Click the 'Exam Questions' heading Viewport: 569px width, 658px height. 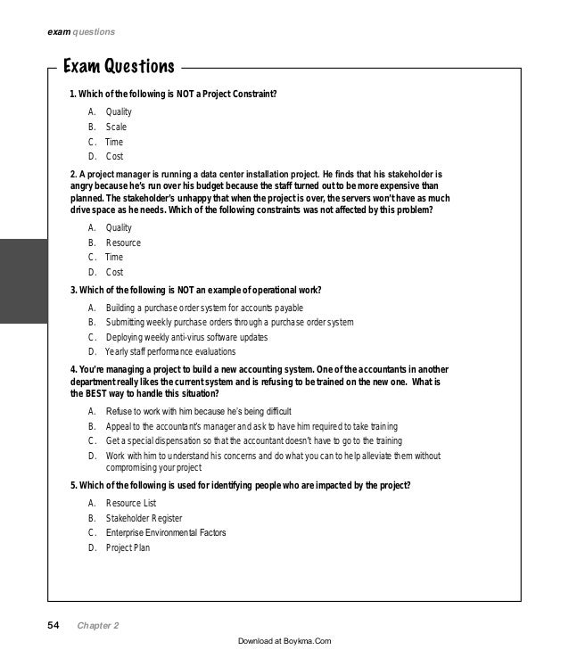pyautogui.click(x=117, y=67)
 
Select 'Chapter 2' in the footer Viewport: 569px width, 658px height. pyautogui.click(x=98, y=626)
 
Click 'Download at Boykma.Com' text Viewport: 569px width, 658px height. pyautogui.click(x=284, y=641)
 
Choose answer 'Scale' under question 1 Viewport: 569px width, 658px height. pyautogui.click(x=117, y=127)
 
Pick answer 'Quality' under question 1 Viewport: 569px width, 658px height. pyautogui.click(x=119, y=111)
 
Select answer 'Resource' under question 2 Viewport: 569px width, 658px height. pyautogui.click(x=123, y=243)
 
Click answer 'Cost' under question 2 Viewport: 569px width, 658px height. pyautogui.click(x=114, y=272)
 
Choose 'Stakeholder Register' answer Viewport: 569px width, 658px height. pyautogui.click(x=144, y=517)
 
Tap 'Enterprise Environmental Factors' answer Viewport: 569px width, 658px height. pyautogui.click(x=166, y=532)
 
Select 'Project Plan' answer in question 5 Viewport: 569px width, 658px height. pyautogui.click(x=128, y=547)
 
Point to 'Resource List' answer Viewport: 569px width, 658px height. pyautogui.click(x=130, y=503)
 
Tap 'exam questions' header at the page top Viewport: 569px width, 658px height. pyautogui.click(x=80, y=32)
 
